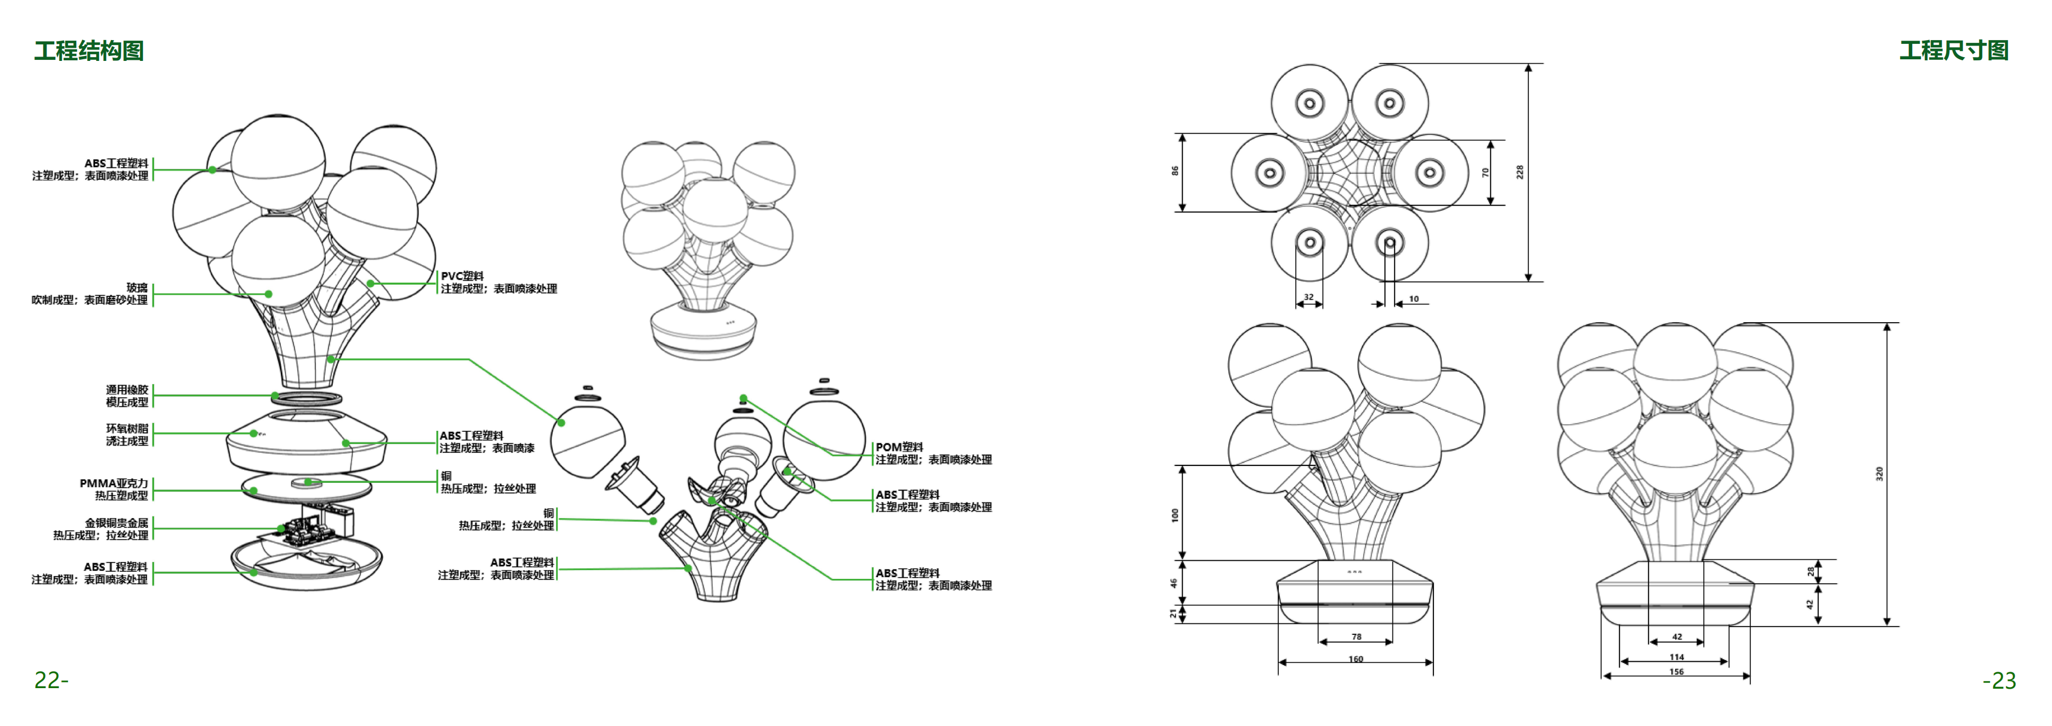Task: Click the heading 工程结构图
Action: pos(88,51)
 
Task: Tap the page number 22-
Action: pos(51,680)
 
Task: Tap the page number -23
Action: pos(1999,680)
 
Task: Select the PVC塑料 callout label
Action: pos(462,275)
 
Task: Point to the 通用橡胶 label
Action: pos(127,390)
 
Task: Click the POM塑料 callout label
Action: pos(899,447)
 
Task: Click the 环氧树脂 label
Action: pos(127,429)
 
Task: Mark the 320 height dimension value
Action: pos(1879,474)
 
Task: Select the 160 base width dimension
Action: pos(1355,659)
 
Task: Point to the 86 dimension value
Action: pos(1175,171)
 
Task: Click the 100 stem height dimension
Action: pos(1175,515)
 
